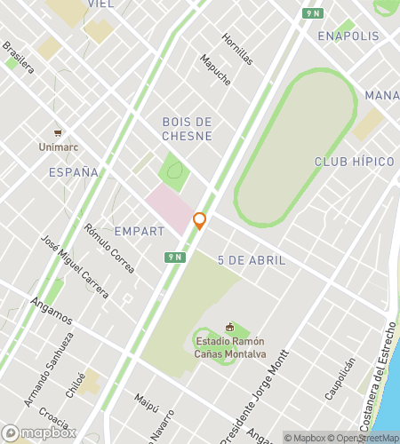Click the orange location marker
pyautogui.click(x=200, y=221)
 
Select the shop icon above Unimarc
pyautogui.click(x=58, y=132)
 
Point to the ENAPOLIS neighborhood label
pyautogui.click(x=348, y=36)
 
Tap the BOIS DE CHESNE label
pyautogui.click(x=187, y=129)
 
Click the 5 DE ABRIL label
pyautogui.click(x=252, y=260)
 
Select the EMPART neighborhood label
pyautogui.click(x=140, y=231)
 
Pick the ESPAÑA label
pyautogui.click(x=74, y=172)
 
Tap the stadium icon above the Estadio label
pyautogui.click(x=229, y=328)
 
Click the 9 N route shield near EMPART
pyautogui.click(x=174, y=257)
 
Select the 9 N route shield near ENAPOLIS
pyautogui.click(x=311, y=12)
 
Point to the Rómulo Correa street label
pyautogui.click(x=109, y=247)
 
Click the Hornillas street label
pyautogui.click(x=237, y=51)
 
